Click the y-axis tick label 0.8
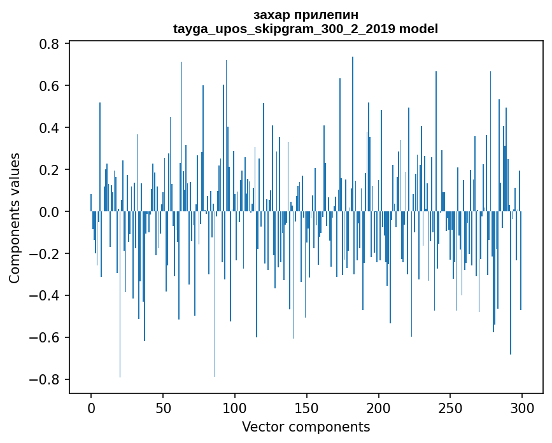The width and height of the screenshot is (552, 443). click(51, 44)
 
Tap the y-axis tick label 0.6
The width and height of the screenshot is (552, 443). click(51, 86)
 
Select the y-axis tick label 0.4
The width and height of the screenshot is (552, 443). click(51, 128)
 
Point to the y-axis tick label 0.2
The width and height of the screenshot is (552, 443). click(51, 170)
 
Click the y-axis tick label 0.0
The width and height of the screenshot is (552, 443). click(51, 212)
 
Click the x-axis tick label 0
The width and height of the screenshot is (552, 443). click(91, 407)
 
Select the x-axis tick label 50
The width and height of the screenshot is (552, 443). click(163, 407)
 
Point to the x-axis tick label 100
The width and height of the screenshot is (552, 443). click(235, 407)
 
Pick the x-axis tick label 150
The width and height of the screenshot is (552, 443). click(307, 407)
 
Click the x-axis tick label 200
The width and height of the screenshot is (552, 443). click(379, 407)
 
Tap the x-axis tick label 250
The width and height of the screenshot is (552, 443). click(450, 407)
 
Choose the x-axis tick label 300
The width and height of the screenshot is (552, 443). click(522, 407)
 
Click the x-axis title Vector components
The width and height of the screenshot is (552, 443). click(306, 426)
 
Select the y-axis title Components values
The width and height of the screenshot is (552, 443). click(15, 218)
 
